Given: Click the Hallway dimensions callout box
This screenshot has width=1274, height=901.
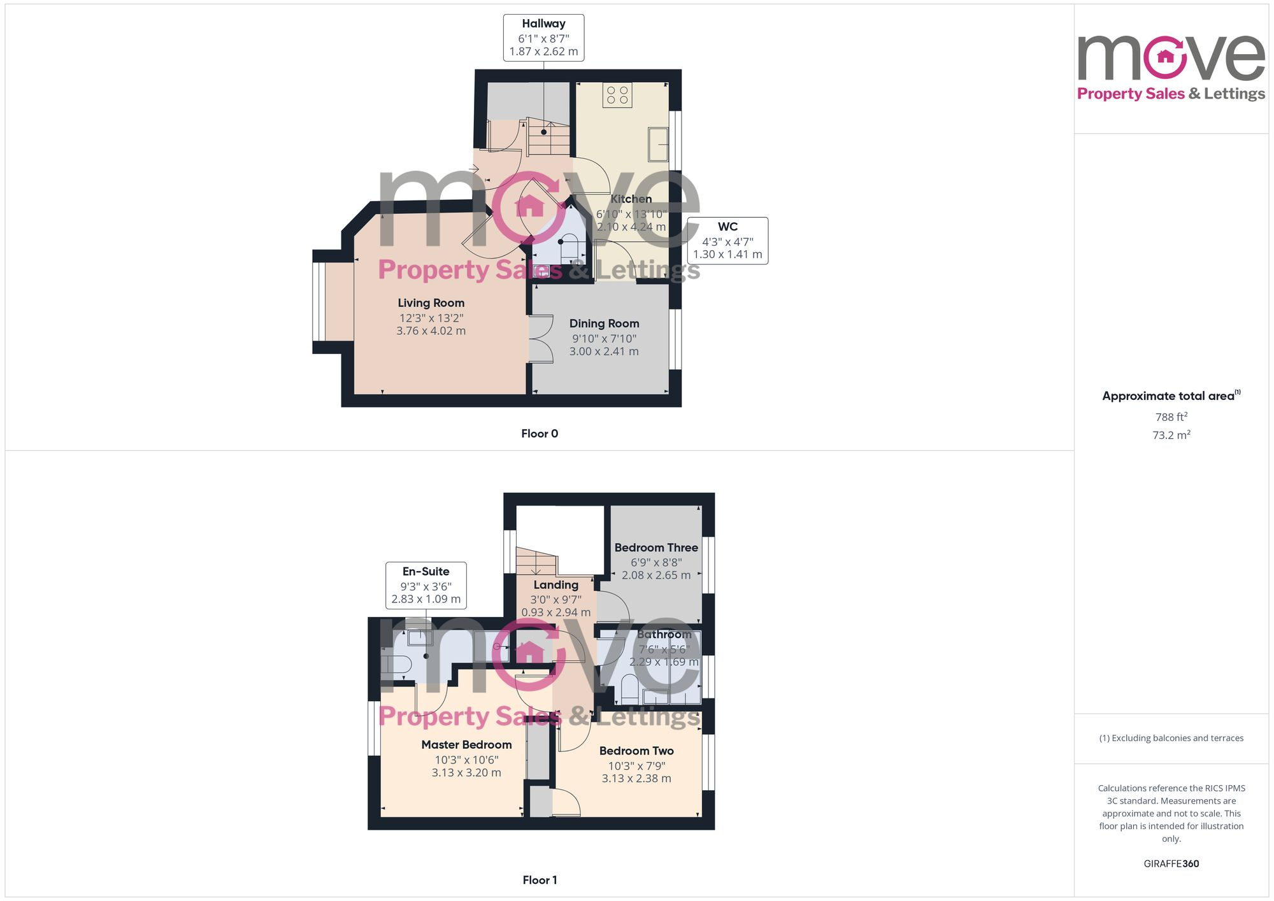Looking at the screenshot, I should pyautogui.click(x=543, y=38).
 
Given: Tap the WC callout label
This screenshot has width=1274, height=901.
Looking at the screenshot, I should pyautogui.click(x=727, y=241).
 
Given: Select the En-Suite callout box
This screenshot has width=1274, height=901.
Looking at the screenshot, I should pyautogui.click(x=426, y=585).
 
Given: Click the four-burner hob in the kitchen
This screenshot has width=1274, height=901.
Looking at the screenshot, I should pyautogui.click(x=617, y=96).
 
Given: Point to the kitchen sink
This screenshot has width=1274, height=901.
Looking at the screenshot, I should pyautogui.click(x=658, y=145).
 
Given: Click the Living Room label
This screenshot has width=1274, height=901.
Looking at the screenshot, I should pyautogui.click(x=431, y=303).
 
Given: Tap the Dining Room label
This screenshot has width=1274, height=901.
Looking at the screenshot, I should pyautogui.click(x=604, y=323).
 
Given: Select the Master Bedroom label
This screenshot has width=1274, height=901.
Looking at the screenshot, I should pyautogui.click(x=466, y=745).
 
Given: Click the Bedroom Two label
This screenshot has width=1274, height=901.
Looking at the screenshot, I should pyautogui.click(x=636, y=751).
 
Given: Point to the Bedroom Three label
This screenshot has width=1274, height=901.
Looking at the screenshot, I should pyautogui.click(x=656, y=548).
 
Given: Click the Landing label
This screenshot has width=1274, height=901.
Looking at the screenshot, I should pyautogui.click(x=556, y=585).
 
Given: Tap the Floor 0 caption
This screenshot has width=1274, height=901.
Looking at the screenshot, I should pyautogui.click(x=540, y=434).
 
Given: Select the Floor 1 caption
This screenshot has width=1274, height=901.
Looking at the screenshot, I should pyautogui.click(x=540, y=880).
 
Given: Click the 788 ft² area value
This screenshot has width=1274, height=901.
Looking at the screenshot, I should pyautogui.click(x=1171, y=417).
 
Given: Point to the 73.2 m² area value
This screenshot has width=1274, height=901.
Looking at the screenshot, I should pyautogui.click(x=1171, y=435).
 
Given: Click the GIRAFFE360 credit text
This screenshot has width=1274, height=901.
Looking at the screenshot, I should pyautogui.click(x=1171, y=864).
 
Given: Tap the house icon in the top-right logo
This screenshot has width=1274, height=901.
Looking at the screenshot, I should pyautogui.click(x=1165, y=57).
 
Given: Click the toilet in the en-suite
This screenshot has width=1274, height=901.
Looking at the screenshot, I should pyautogui.click(x=396, y=665).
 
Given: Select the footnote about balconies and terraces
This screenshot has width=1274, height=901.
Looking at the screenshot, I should pyautogui.click(x=1171, y=738).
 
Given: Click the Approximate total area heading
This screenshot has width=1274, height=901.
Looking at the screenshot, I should pyautogui.click(x=1171, y=396).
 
